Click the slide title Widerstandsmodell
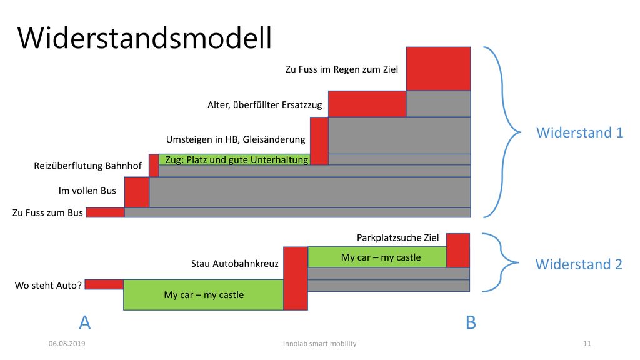coord(144,38)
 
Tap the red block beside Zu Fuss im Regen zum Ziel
coord(438,69)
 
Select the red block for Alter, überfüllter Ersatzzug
coord(367,104)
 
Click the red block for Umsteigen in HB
coord(319,141)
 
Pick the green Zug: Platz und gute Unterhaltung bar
coord(234,159)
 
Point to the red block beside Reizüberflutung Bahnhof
coord(154,165)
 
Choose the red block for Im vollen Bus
coord(137,192)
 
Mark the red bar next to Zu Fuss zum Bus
coord(105,212)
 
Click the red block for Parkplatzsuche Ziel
coord(458,250)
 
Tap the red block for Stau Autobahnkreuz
coord(296,278)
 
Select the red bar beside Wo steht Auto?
coord(104,284)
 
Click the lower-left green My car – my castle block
coord(204,295)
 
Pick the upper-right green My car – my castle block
coord(377,257)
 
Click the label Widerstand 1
coord(579,132)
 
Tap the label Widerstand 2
coord(579,264)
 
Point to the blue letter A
coord(84,322)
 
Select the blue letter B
coord(471,322)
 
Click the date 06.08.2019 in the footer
coord(67,344)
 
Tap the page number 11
coord(587,344)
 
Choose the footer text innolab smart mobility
coord(320,344)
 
